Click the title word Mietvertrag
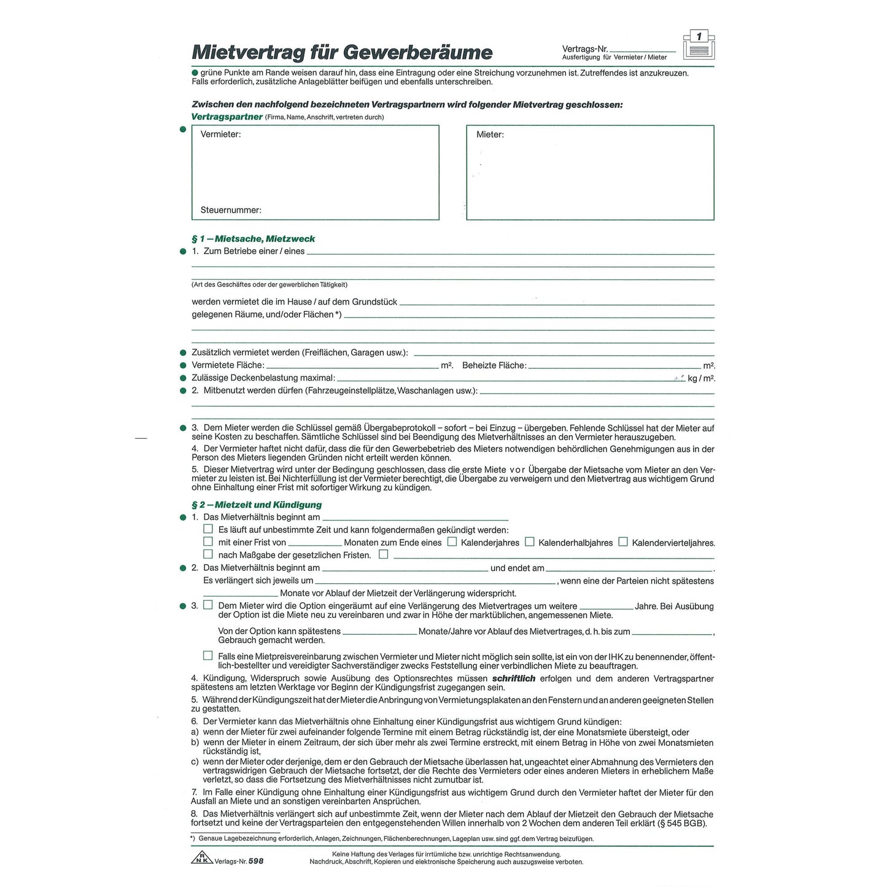(247, 52)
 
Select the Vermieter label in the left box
(220, 134)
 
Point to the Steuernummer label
(231, 210)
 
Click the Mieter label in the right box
(490, 134)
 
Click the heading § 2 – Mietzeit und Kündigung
(257, 505)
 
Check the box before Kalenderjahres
(452, 541)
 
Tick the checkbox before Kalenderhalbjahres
(530, 541)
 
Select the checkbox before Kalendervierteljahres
(623, 541)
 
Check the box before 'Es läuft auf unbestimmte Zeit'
(208, 529)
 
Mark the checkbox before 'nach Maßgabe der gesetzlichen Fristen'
(208, 554)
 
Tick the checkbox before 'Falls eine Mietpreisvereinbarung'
(208, 656)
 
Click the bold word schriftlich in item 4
(514, 678)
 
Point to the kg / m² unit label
(701, 378)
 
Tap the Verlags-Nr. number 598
(256, 861)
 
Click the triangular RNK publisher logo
(201, 858)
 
